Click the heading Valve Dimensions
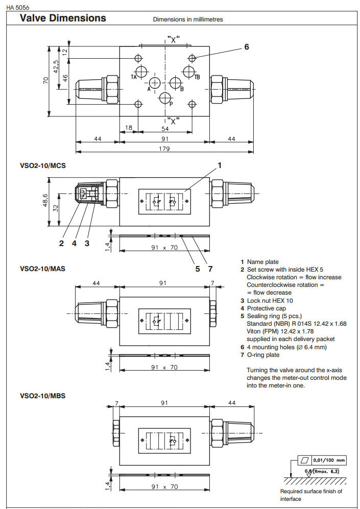click(62, 18)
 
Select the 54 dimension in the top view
click(164, 129)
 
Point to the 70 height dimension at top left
click(45, 81)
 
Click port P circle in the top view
click(165, 99)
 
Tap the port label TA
click(133, 77)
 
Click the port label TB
click(197, 77)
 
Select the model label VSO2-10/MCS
click(43, 166)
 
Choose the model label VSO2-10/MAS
click(43, 268)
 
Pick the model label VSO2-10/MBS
click(43, 395)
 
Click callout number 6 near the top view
click(247, 47)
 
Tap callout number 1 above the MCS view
click(220, 165)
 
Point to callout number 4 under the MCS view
click(74, 244)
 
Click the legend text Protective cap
click(269, 308)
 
